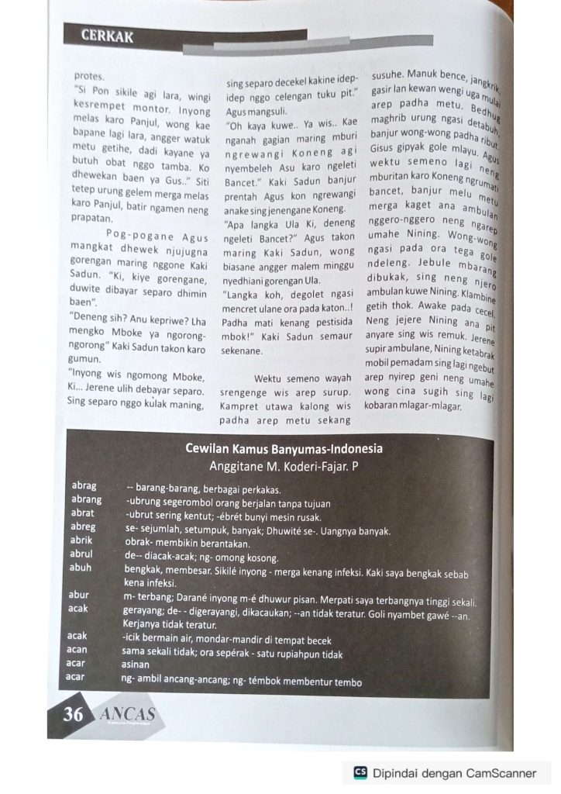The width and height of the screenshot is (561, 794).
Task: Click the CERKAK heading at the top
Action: [108, 36]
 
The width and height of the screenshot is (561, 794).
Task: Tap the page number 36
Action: [73, 714]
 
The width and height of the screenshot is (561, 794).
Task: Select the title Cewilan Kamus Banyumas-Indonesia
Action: [284, 449]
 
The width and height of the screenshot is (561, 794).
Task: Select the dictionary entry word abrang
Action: [86, 500]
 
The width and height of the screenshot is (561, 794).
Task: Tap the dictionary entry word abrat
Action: [83, 513]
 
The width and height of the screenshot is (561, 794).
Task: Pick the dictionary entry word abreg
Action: [83, 527]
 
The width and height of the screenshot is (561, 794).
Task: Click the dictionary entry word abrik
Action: [82, 540]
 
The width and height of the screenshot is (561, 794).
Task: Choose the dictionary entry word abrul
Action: [81, 554]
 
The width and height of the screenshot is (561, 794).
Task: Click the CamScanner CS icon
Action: [360, 773]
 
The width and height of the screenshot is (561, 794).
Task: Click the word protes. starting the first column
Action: [88, 77]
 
